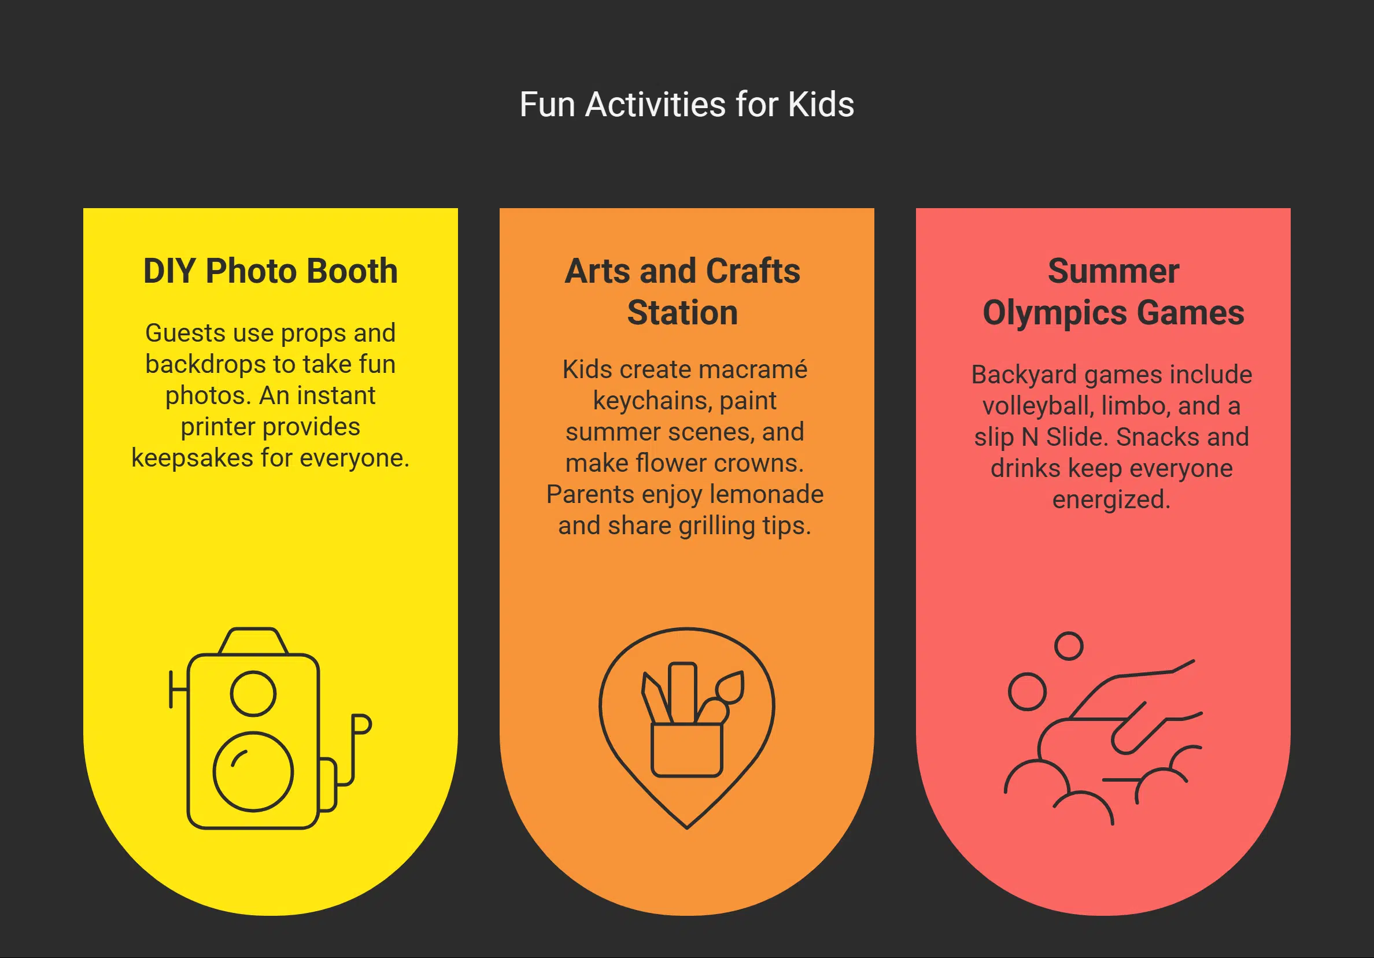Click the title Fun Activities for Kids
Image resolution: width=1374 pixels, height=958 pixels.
point(686,105)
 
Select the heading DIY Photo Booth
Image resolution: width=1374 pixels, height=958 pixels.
point(271,271)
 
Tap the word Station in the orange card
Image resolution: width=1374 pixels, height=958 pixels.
point(682,313)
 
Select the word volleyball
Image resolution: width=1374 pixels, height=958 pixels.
point(1037,406)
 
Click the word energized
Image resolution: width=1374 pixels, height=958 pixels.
point(1111,500)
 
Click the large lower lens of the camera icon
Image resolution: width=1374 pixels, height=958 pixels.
point(253,771)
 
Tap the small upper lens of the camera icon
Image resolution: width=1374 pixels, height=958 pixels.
point(253,694)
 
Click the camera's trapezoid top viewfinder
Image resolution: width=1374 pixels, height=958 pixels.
point(253,641)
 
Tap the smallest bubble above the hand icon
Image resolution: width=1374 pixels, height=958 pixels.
point(1068,646)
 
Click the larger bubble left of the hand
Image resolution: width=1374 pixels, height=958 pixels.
point(1027,691)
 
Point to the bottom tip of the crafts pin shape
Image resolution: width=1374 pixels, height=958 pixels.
point(687,827)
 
